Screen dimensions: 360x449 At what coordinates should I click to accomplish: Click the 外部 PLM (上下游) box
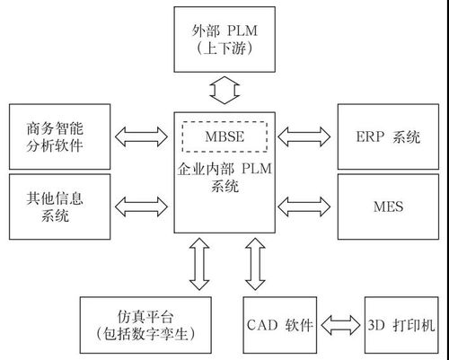coord(224,40)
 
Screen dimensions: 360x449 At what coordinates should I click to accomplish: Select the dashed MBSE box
coord(224,136)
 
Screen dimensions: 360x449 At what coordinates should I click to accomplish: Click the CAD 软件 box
coord(279,324)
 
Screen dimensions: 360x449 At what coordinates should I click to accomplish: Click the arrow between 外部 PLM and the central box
coord(224,90)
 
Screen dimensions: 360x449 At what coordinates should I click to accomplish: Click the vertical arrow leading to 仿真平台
coord(199,265)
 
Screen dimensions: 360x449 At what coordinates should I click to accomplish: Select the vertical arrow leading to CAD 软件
coord(253,265)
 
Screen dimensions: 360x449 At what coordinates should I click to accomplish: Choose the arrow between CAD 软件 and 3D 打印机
coord(339,324)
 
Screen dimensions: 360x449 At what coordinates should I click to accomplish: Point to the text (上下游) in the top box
coord(224,51)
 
